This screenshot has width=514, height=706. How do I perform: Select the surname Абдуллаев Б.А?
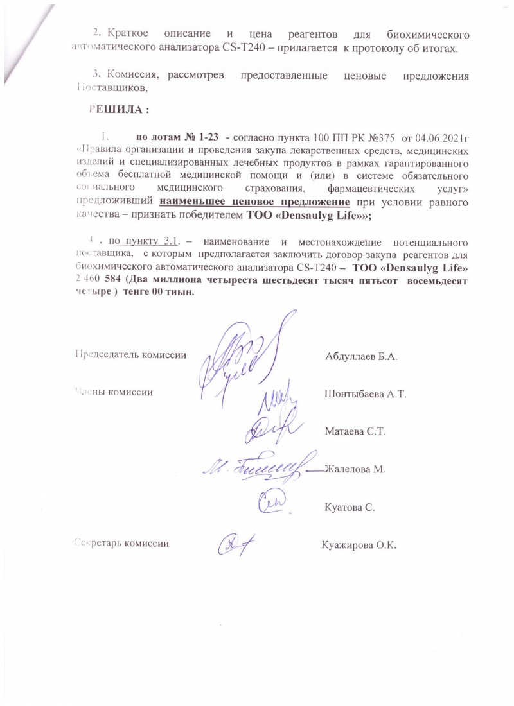coord(362,356)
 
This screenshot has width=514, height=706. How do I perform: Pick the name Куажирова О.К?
coord(359,545)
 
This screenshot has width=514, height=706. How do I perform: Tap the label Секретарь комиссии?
coord(122,543)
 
